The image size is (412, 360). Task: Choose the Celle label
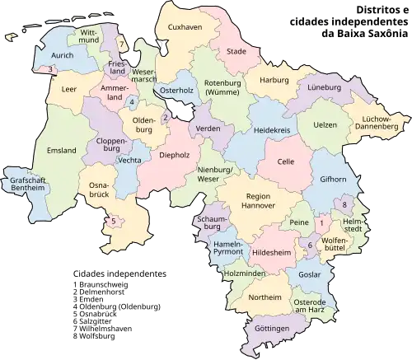(287, 162)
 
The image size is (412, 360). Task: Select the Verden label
(207, 129)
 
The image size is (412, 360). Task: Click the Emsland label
(62, 150)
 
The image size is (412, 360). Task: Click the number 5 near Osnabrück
(113, 220)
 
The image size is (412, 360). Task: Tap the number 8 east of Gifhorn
(344, 203)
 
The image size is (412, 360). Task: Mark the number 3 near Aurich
(50, 69)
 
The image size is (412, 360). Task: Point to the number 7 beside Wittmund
(120, 43)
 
